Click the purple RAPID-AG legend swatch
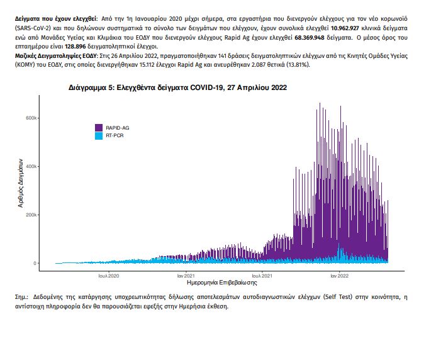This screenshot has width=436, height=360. coord(99,128)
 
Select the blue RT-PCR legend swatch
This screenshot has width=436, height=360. coord(99,135)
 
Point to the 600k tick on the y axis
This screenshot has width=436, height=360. coord(31,118)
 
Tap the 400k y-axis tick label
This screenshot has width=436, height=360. coord(31,166)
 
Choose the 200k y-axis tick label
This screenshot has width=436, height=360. coord(31,215)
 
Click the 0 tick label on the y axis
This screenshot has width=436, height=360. coord(35,263)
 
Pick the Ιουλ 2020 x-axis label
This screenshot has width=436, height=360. coord(109,276)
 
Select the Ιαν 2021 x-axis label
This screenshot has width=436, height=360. coord(186,276)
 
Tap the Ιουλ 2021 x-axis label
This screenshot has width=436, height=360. coord(262,276)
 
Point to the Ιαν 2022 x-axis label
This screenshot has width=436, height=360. coord(339,276)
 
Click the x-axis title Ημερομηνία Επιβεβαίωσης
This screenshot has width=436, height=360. coord(222,283)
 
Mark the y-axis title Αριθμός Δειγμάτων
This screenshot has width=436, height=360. coord(21,183)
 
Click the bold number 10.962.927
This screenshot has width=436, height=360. coord(345,28)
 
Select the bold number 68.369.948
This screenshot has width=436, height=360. coord(309,38)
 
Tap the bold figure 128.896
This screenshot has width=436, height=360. coord(75,47)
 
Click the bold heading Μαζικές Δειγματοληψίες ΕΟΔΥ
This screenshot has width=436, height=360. coord(55,56)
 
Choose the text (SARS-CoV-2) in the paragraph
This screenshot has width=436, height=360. coord(33,28)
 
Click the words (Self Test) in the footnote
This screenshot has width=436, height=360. coord(338,297)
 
